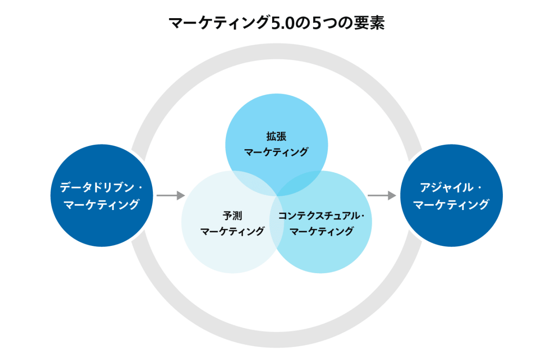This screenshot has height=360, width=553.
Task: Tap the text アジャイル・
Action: click(x=451, y=188)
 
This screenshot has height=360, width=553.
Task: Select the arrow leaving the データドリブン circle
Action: click(x=170, y=196)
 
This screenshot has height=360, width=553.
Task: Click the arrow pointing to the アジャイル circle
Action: click(x=381, y=196)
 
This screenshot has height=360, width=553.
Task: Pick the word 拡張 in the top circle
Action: click(x=276, y=137)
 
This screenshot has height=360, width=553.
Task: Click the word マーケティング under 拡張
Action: click(x=276, y=152)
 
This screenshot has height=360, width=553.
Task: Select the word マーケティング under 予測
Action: click(x=232, y=231)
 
